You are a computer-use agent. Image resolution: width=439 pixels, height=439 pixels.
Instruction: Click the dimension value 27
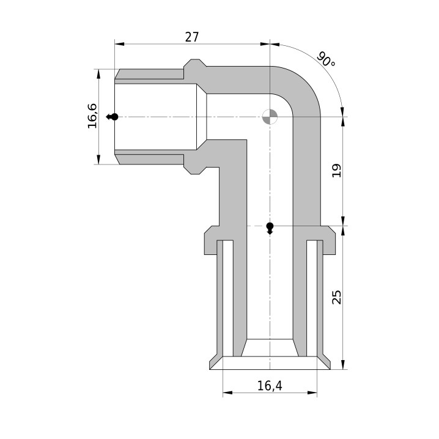pos(192,37)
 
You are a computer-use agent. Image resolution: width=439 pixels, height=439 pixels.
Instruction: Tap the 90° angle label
pos(326,59)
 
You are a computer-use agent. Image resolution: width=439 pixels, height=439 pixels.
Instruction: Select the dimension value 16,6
pos(92,116)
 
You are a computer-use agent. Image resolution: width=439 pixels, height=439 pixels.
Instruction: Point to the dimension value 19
pos(337,171)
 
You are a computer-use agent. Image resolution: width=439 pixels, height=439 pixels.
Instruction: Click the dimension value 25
pos(337,297)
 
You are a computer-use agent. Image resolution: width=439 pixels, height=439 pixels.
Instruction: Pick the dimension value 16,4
pos(270,386)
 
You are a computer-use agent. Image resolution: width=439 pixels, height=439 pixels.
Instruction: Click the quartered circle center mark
pos(270,117)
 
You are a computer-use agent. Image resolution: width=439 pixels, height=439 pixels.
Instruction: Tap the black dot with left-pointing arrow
pos(113,117)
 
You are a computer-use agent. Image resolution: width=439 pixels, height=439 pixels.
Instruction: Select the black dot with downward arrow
pos(270,228)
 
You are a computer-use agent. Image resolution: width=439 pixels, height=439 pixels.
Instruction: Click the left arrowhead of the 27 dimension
pos(120,44)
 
